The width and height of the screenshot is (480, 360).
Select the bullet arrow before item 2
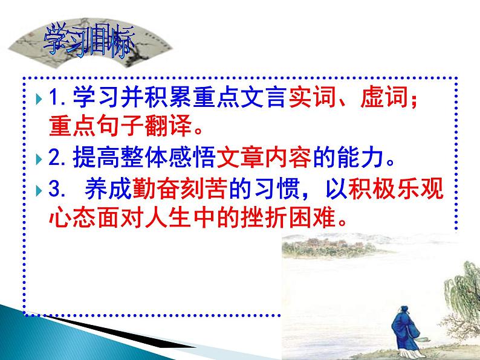tap(39, 161)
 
